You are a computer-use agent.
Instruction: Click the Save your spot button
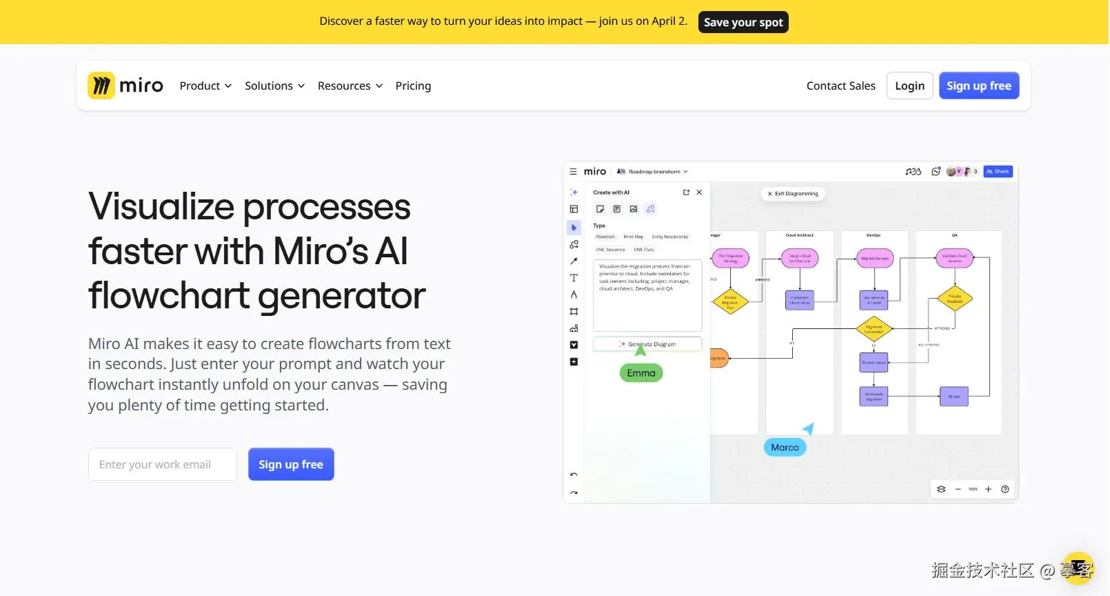pos(743,22)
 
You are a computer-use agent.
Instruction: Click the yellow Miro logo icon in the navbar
pos(101,86)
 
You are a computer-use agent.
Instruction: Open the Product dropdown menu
pos(205,86)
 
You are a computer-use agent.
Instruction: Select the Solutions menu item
pos(274,86)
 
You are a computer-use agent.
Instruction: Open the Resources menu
pos(350,86)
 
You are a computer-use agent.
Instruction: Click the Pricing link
pos(413,86)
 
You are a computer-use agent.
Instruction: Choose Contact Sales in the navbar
pos(840,86)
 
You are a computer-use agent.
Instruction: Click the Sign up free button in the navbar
pos(978,86)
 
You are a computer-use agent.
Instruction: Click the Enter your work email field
pos(163,464)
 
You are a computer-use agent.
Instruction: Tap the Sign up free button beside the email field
pos(291,464)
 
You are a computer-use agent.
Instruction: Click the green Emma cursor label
pos(641,373)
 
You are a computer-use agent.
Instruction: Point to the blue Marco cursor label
pos(785,448)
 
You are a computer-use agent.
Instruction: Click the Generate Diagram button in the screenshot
pos(647,344)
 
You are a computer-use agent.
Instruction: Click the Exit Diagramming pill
pos(793,194)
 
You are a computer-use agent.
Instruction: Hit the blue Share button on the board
pos(998,172)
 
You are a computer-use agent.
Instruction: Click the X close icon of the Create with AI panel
pos(699,192)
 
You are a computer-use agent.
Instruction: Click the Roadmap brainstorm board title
pos(654,172)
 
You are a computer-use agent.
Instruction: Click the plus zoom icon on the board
pos(988,489)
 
